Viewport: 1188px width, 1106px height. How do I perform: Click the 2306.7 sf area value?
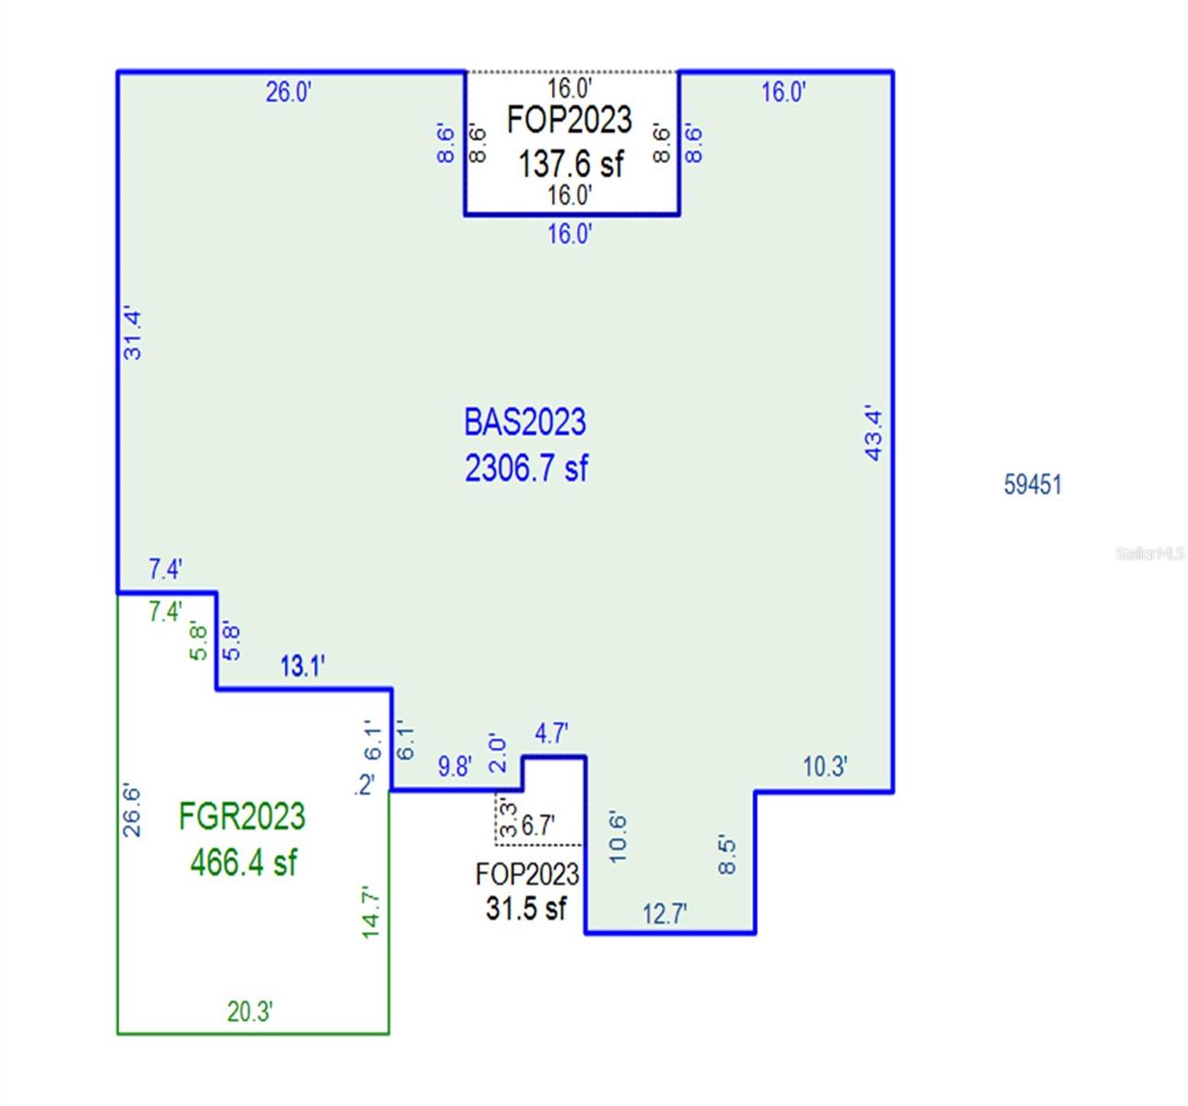(x=525, y=468)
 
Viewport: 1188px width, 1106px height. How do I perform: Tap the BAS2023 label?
(x=524, y=422)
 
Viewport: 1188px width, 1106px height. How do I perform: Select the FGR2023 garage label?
(x=241, y=817)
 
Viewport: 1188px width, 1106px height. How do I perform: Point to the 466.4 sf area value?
(x=243, y=863)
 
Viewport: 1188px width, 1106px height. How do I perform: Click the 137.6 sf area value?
(x=570, y=164)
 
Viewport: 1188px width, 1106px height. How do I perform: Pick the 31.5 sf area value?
(x=526, y=908)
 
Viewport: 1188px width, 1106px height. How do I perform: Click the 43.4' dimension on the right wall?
(x=874, y=433)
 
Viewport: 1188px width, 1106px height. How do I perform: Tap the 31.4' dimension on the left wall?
(x=133, y=334)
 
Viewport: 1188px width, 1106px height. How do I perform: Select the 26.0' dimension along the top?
(x=288, y=92)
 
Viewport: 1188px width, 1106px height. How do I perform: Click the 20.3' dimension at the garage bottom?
(x=250, y=1011)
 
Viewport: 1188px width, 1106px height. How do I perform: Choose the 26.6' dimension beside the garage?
(x=132, y=810)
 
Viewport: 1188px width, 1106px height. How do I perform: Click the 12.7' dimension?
(x=665, y=913)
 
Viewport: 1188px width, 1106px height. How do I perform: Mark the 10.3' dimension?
(x=825, y=766)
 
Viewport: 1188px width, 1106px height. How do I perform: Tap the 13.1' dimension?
(x=302, y=665)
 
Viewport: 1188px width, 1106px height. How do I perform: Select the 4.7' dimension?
(x=551, y=734)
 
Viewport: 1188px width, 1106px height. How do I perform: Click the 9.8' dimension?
(x=454, y=766)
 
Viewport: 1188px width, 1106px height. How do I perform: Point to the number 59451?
(x=1032, y=484)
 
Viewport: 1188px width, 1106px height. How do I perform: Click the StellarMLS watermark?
(x=1149, y=553)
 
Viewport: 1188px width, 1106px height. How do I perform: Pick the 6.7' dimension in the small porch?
(x=538, y=826)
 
